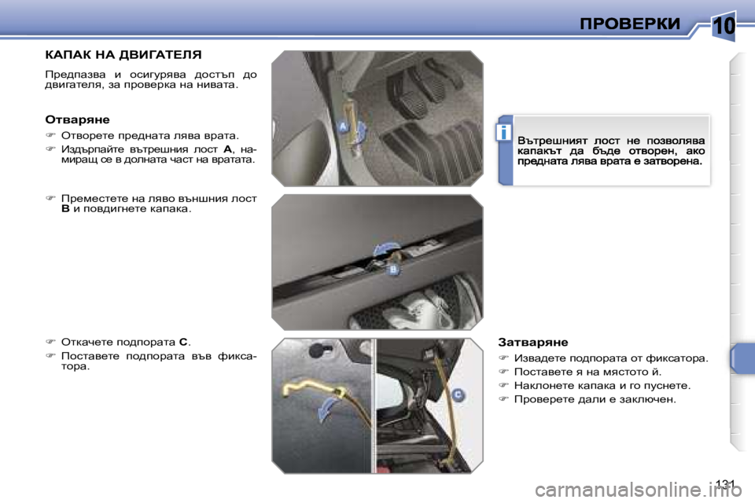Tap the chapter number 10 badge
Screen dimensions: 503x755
(x=724, y=26)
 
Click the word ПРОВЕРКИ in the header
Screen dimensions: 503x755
(x=630, y=24)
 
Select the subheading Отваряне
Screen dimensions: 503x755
(x=77, y=119)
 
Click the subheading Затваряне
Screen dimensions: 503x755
(x=532, y=342)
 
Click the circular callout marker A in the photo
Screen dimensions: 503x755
(x=342, y=125)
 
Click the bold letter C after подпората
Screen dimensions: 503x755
(x=183, y=342)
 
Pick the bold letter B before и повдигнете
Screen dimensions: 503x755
(x=65, y=210)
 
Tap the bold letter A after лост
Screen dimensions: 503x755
(x=227, y=148)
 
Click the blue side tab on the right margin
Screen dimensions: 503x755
(x=741, y=358)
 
